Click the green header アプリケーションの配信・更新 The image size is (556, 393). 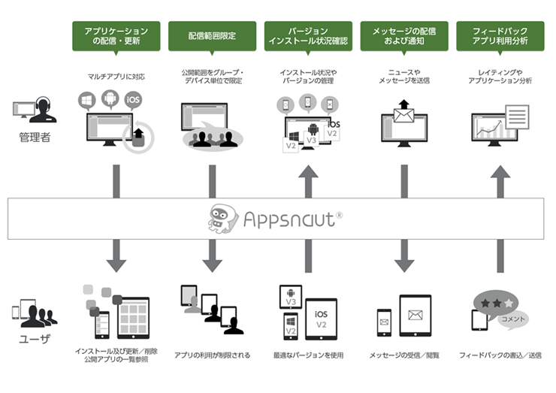point(116,36)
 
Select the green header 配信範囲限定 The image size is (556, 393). point(212,36)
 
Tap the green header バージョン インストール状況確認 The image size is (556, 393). point(308,36)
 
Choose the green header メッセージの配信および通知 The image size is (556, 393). point(404,36)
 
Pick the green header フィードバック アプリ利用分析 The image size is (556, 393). point(500,36)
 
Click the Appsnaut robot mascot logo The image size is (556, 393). point(224,219)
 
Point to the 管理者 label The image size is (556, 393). point(35,138)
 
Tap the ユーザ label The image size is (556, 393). point(35,339)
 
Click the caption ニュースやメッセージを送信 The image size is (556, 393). point(404,77)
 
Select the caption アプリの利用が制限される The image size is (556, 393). point(212,355)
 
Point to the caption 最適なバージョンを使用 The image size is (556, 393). point(308,355)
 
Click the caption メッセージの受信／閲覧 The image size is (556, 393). point(404,355)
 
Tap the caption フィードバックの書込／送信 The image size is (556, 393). point(500,355)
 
